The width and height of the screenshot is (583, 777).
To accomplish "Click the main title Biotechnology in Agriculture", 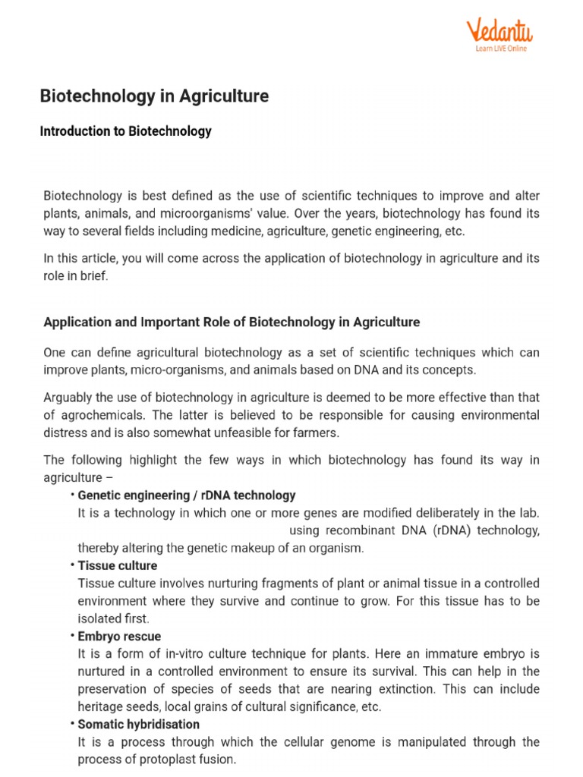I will click(154, 96).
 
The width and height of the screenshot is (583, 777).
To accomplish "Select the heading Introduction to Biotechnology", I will click(125, 131).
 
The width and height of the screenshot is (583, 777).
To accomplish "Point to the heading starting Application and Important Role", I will click(232, 322).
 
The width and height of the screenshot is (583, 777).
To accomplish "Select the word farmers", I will click(314, 433).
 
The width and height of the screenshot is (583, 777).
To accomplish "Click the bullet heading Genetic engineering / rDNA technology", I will click(186, 495).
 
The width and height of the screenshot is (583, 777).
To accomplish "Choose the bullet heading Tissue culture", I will click(118, 565).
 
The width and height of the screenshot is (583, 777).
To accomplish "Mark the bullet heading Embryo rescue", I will click(119, 636).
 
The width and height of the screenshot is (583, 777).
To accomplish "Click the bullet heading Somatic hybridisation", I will click(139, 724).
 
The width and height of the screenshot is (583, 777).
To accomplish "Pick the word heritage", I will click(101, 706).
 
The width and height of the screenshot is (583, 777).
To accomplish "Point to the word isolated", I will click(99, 618).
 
